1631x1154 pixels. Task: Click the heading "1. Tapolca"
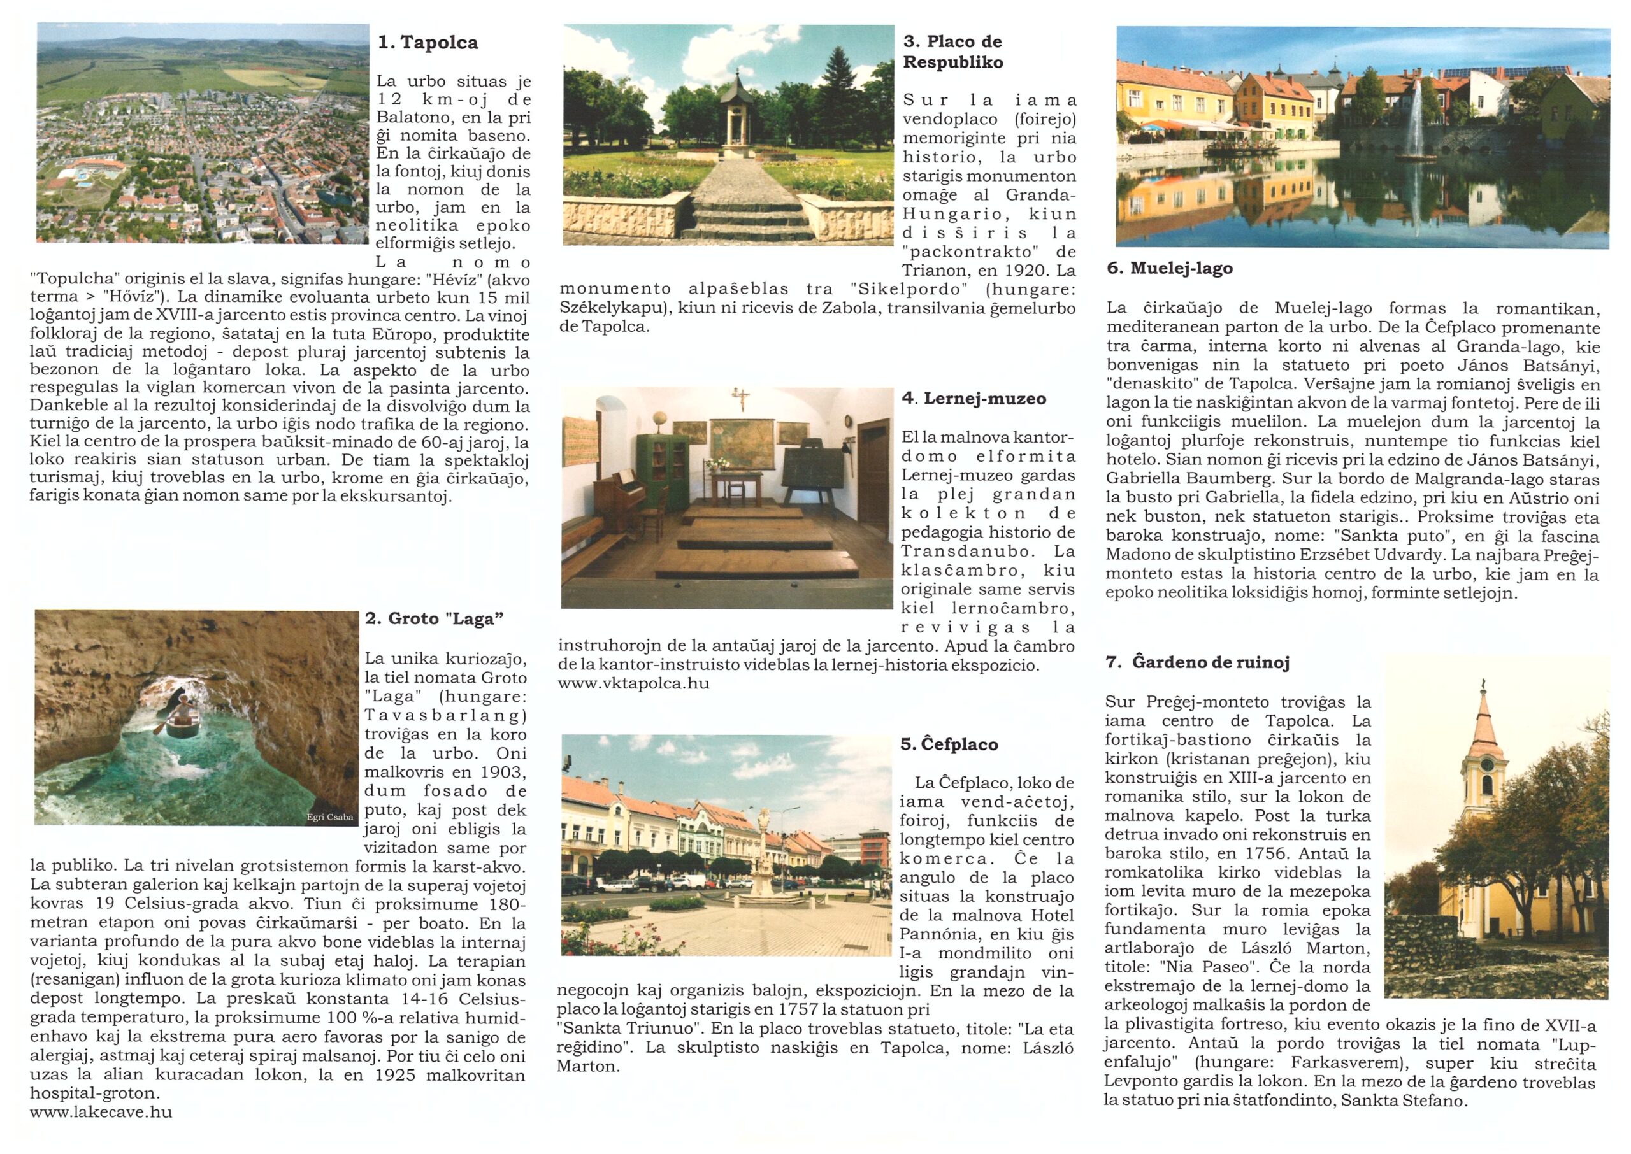coord(428,43)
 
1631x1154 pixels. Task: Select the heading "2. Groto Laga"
coord(435,619)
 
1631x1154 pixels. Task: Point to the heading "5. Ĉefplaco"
coord(949,744)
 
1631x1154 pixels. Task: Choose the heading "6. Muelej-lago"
coord(1170,269)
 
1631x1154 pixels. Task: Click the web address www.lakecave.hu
coord(101,1112)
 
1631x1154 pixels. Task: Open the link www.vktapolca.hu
coord(633,683)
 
